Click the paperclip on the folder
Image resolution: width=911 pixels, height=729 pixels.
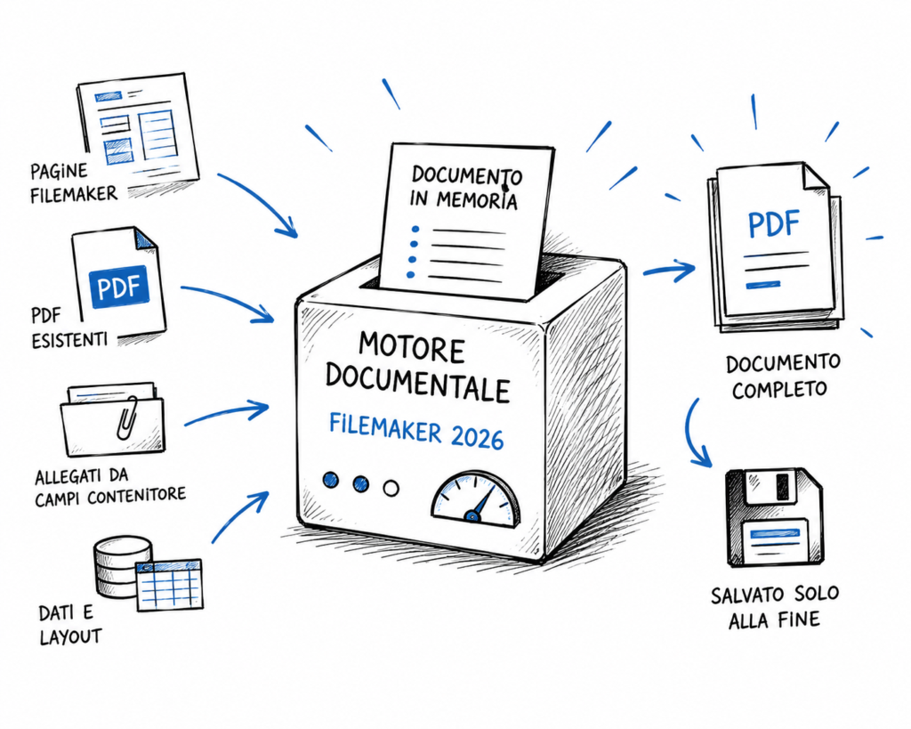click(126, 418)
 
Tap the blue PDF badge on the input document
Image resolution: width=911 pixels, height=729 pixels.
click(120, 287)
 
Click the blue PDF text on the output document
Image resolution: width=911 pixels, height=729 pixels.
click(774, 224)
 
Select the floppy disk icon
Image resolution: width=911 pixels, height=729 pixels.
click(775, 517)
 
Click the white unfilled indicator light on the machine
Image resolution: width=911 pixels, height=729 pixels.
click(391, 488)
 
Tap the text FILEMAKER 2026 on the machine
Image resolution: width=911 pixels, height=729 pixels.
click(416, 431)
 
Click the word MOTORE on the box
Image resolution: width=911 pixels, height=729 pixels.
click(412, 348)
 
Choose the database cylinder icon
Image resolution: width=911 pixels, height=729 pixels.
click(122, 567)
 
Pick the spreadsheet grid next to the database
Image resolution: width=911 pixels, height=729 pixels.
click(170, 585)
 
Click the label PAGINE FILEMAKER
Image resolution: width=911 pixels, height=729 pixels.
click(73, 182)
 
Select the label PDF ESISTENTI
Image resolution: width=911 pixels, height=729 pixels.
click(69, 328)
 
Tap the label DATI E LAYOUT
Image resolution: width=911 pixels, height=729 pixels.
click(69, 625)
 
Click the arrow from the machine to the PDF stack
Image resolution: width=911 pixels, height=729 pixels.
click(669, 269)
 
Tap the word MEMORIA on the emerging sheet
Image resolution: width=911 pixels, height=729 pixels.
click(476, 199)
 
